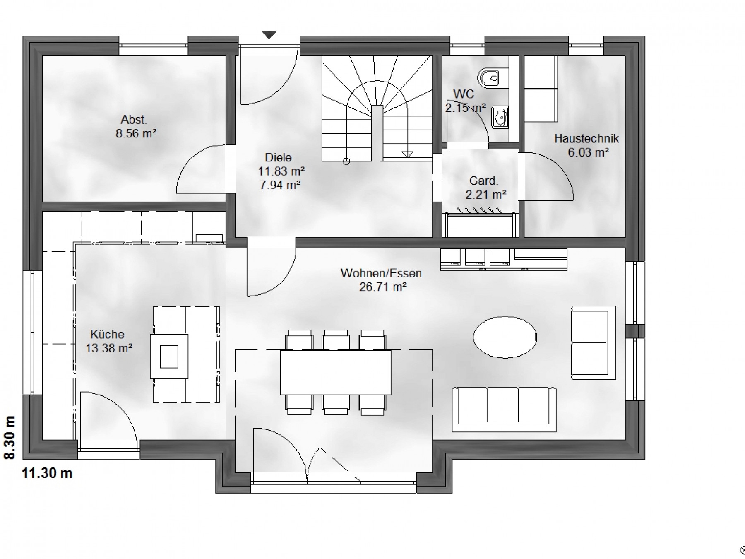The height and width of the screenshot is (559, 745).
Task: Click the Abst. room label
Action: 134,120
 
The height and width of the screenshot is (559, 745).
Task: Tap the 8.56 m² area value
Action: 136,134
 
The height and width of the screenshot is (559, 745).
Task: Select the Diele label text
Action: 278,158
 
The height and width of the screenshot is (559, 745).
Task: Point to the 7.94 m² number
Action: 280,185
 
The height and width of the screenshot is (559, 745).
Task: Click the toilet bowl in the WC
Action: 489,77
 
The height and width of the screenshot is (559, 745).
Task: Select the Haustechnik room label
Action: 586,139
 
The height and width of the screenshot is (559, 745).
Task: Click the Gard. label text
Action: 483,181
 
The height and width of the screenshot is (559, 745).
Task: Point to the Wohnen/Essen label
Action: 381,273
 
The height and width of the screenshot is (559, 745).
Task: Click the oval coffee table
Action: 505,337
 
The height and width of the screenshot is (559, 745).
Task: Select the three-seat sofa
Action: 504,409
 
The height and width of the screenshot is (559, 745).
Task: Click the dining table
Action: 335,372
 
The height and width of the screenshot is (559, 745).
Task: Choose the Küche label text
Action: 107,335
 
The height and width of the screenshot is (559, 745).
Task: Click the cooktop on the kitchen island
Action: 169,356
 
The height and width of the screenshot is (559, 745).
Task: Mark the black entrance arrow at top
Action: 269,35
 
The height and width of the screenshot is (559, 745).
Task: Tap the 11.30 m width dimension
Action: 47,473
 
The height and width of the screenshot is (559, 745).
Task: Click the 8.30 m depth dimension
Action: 10,438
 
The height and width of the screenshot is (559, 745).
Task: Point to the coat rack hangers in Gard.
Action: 480,211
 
